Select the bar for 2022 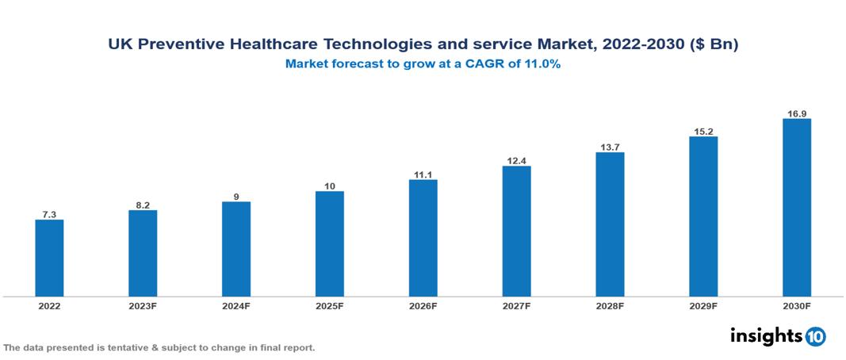(x=49, y=258)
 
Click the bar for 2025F (x=330, y=243)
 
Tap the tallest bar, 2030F (x=797, y=208)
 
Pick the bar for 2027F (x=516, y=231)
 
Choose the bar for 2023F (x=143, y=253)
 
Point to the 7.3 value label (x=49, y=214)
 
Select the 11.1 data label (x=423, y=174)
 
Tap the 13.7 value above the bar (x=610, y=147)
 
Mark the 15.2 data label (x=703, y=131)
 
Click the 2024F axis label (x=236, y=306)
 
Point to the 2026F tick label (x=423, y=306)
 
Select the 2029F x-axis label (x=703, y=306)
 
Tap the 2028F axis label (x=610, y=306)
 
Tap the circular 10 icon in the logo (x=815, y=336)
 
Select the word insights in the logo (x=766, y=335)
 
